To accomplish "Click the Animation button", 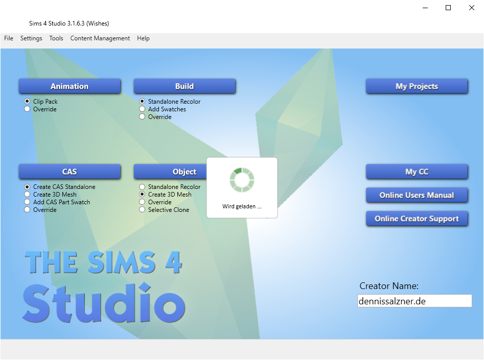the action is [70, 86].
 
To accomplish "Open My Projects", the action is [417, 86].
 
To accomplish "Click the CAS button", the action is [70, 172].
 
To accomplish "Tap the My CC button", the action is [417, 172].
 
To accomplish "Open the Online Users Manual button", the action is [417, 195].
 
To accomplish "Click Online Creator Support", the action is [417, 219].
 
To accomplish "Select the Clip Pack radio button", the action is [27, 101].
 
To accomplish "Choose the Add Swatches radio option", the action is [142, 109].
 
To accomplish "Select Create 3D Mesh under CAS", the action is [27, 195].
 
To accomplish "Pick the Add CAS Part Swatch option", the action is [27, 202].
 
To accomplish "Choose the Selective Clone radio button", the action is [142, 210].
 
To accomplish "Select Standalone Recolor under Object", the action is [142, 186].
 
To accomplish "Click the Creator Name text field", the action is [414, 301].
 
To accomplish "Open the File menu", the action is [9, 38].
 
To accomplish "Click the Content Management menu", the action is [100, 38].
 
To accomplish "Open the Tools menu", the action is [56, 38].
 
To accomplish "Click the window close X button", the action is [472, 8].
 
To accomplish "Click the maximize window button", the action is [448, 8].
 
